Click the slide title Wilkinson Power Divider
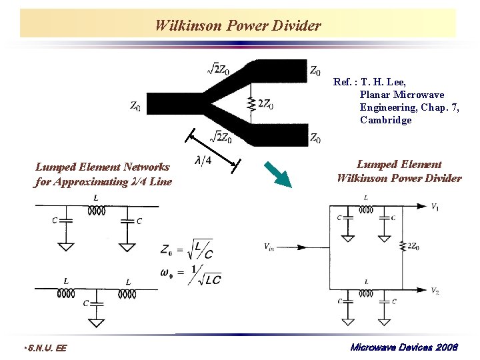(238, 26)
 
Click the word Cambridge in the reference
(385, 121)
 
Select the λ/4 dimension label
(203, 161)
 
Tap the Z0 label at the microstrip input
(135, 106)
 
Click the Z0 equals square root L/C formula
(187, 250)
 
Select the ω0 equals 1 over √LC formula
(191, 275)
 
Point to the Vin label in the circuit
(269, 247)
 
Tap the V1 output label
(435, 207)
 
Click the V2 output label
(435, 291)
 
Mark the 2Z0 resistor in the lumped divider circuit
(403, 247)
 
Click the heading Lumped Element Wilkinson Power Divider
(399, 171)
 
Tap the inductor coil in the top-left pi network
(97, 211)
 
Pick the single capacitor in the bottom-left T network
(97, 303)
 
